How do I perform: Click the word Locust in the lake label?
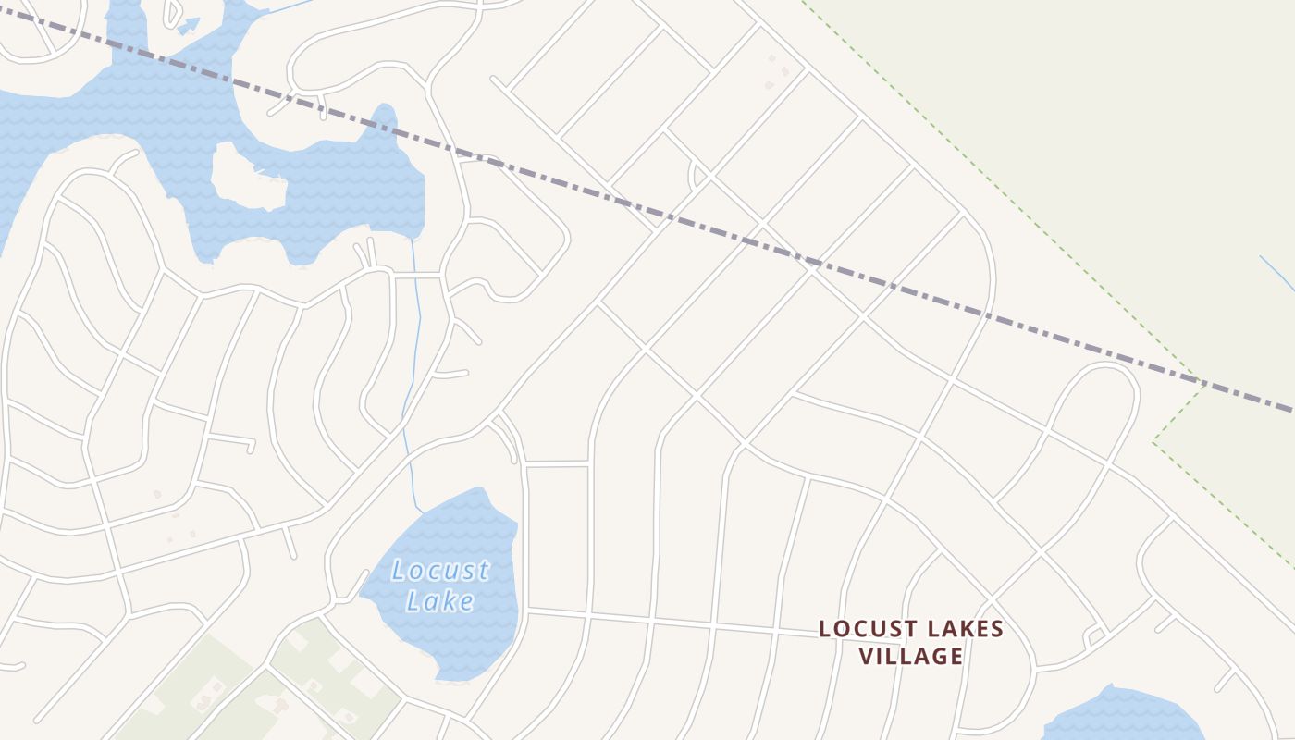tap(440, 570)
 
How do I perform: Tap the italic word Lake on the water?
tap(440, 601)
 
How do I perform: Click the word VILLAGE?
tap(911, 656)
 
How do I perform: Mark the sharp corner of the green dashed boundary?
tap(1153, 442)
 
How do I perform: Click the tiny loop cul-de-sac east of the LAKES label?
tap(1095, 636)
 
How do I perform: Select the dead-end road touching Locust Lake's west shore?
tap(356, 587)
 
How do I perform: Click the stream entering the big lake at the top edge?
tap(287, 7)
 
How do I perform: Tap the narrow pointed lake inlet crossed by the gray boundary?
tap(384, 120)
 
